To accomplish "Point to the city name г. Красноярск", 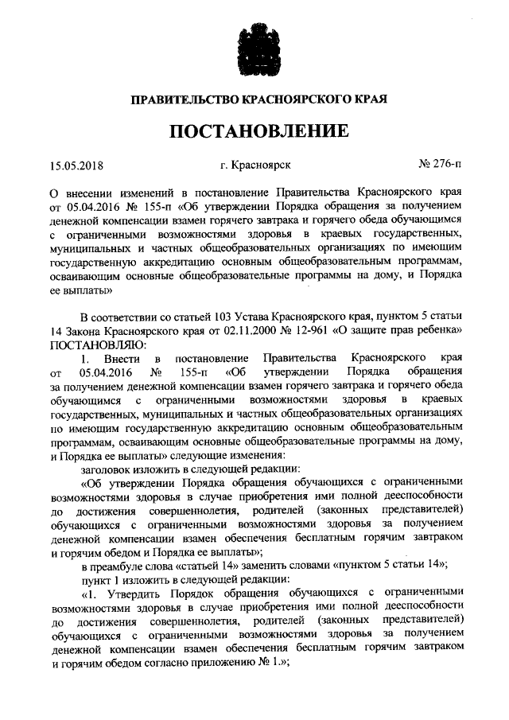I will click(x=255, y=165).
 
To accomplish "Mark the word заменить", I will click(x=274, y=566).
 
